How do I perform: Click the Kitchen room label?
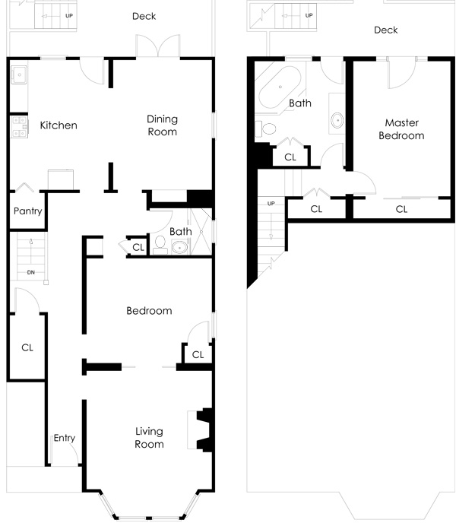(59, 125)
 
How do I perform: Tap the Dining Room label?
(162, 125)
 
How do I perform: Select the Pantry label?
(27, 211)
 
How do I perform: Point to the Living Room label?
(149, 438)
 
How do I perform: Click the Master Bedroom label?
(401, 129)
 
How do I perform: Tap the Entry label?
(65, 438)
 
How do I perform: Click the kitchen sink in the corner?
(19, 74)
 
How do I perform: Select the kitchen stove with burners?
(19, 127)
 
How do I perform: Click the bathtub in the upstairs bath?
(280, 87)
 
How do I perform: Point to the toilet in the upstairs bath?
(266, 128)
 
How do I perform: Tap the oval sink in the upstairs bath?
(337, 120)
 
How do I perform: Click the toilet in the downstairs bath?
(160, 245)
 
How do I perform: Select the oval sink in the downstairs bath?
(180, 248)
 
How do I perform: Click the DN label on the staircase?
(30, 272)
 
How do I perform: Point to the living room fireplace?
(200, 430)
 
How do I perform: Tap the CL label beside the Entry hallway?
(27, 347)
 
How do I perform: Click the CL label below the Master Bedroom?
(401, 209)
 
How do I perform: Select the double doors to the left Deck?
(158, 46)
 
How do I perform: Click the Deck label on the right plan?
(386, 30)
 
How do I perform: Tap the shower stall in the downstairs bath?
(201, 232)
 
